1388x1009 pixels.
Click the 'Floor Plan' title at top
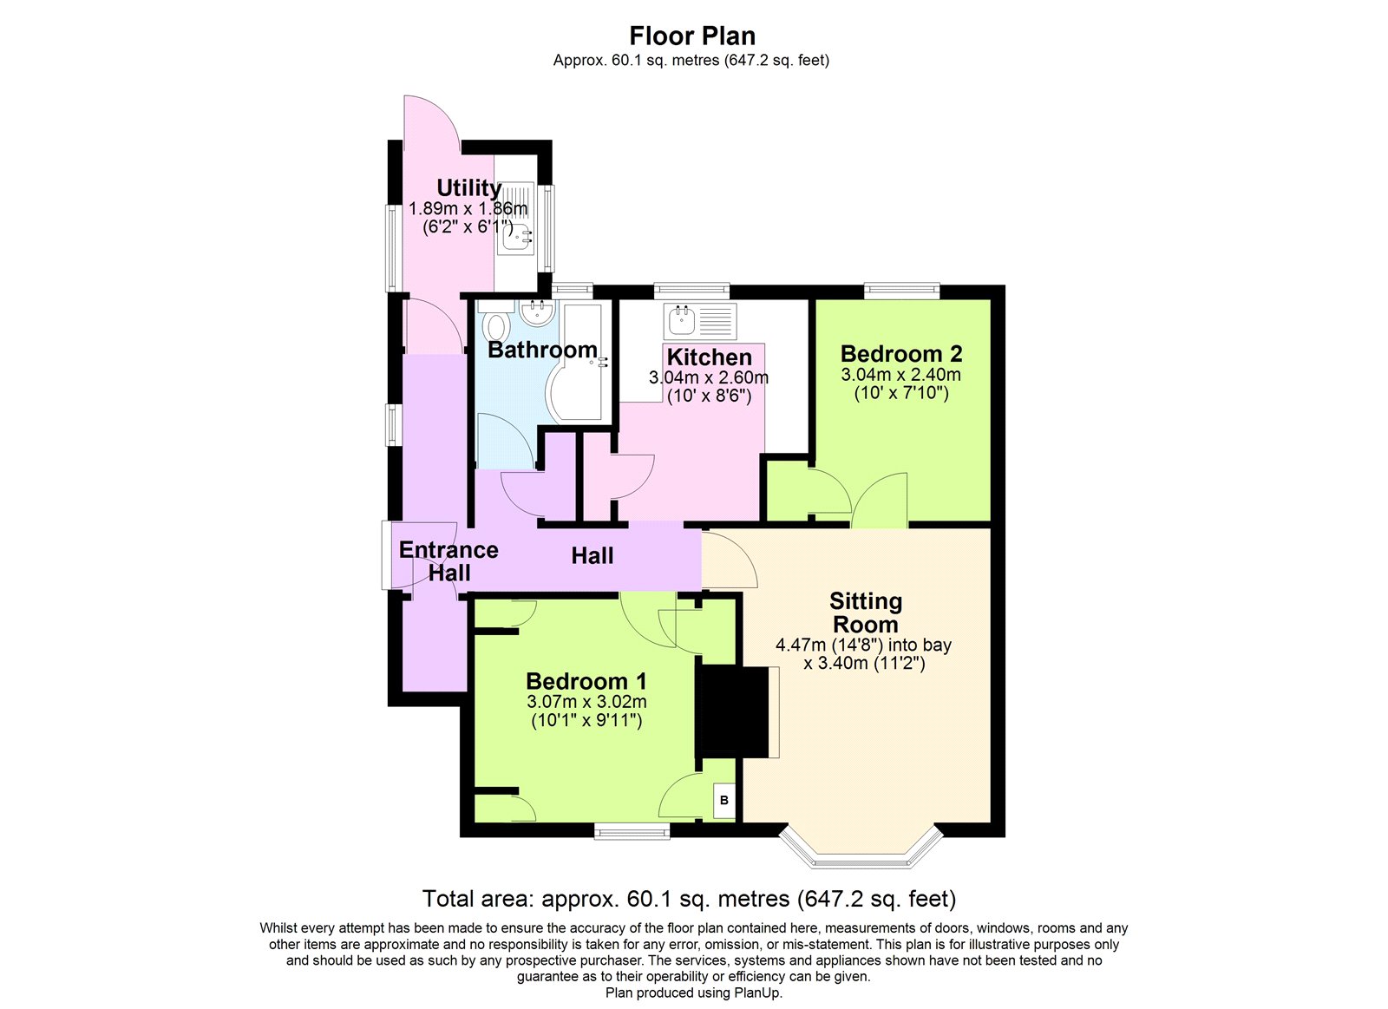[691, 36]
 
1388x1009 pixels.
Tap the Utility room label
[468, 187]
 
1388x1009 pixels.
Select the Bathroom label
[542, 350]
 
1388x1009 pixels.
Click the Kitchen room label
[709, 357]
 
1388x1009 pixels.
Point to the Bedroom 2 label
[900, 354]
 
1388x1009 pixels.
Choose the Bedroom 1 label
[586, 681]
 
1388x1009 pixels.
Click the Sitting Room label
[865, 613]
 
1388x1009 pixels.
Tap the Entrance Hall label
[448, 561]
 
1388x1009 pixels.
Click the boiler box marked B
[724, 801]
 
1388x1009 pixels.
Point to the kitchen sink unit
[700, 321]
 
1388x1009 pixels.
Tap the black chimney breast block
[733, 711]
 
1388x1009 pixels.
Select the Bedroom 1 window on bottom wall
[632, 832]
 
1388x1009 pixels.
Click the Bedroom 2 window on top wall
[901, 291]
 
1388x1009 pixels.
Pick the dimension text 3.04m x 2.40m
[900, 375]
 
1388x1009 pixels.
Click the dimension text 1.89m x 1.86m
[468, 208]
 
